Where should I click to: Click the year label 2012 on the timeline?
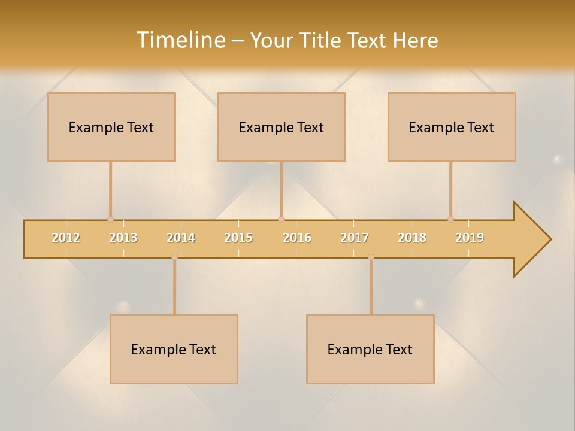tap(66, 238)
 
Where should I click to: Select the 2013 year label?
tap(123, 238)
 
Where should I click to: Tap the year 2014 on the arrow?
tap(181, 238)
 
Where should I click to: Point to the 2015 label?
tap(238, 238)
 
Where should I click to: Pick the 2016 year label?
tap(297, 238)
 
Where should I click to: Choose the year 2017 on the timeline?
tap(355, 238)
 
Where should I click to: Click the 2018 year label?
tap(412, 238)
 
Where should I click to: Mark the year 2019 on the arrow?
tap(470, 238)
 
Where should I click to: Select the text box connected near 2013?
tap(111, 127)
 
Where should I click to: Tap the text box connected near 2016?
tap(282, 127)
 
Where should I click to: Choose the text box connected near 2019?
tap(452, 127)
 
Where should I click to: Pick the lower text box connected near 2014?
tap(174, 349)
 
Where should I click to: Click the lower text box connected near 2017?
tap(370, 349)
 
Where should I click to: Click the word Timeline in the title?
tap(180, 40)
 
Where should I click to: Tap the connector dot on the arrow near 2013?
tap(110, 219)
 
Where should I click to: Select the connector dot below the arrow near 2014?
tap(174, 257)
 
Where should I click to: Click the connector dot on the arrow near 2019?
tap(450, 219)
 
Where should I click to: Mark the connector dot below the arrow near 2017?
tap(371, 257)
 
